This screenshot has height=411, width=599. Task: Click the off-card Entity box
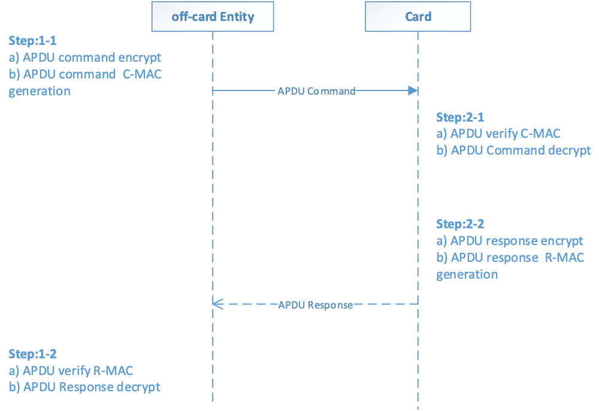pyautogui.click(x=213, y=16)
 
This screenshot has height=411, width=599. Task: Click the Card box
pyautogui.click(x=418, y=16)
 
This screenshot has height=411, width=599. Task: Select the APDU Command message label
pyautogui.click(x=316, y=91)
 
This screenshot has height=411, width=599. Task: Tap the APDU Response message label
pyautogui.click(x=316, y=304)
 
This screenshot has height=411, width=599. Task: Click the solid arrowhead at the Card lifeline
pyautogui.click(x=413, y=90)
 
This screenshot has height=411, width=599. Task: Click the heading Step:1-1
pyautogui.click(x=32, y=41)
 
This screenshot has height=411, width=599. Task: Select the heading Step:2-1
pyautogui.click(x=460, y=117)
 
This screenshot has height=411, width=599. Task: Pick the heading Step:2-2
pyautogui.click(x=460, y=224)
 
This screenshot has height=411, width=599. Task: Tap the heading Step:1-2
pyautogui.click(x=32, y=353)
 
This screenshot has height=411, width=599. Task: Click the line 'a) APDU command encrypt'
pyautogui.click(x=84, y=58)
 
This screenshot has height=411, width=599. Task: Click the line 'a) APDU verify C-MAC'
pyautogui.click(x=498, y=134)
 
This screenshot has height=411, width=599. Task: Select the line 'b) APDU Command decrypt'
pyautogui.click(x=513, y=150)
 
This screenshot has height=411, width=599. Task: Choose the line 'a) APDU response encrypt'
pyautogui.click(x=510, y=241)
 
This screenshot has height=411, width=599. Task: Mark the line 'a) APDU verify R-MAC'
pyautogui.click(x=71, y=370)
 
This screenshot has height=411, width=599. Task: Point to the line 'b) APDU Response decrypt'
pyautogui.click(x=84, y=387)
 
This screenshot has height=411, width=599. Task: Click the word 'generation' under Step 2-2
pyautogui.click(x=467, y=274)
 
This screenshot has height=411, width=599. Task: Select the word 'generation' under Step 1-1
pyautogui.click(x=39, y=92)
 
